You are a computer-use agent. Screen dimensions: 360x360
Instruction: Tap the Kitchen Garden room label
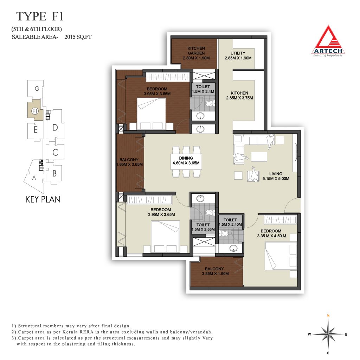tap(196, 53)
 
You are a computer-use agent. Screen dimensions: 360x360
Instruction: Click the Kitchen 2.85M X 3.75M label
tap(239, 96)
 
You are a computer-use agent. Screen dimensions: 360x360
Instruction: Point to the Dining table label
tap(186, 160)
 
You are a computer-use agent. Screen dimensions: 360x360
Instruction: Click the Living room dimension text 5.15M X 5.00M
tap(276, 179)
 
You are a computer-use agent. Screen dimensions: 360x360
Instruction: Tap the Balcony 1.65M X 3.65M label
tap(129, 162)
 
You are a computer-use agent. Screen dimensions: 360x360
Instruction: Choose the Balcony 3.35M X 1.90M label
tap(215, 271)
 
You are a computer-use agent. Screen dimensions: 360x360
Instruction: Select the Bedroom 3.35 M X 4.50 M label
tap(271, 233)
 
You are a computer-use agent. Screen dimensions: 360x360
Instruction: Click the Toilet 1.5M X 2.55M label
tap(203, 227)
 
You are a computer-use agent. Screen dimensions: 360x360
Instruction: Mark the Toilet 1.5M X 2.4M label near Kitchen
tap(203, 89)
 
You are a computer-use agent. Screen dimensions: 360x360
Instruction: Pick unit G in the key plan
tap(37, 88)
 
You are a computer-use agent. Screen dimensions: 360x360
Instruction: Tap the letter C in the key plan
tap(55, 152)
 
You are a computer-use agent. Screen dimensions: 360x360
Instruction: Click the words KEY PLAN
tap(43, 199)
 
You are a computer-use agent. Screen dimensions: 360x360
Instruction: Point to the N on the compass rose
tap(328, 316)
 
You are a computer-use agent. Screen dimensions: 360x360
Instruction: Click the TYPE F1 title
tap(40, 16)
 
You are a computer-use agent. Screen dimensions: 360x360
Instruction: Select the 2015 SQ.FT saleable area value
tap(78, 37)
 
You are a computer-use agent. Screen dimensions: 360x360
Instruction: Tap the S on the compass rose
tap(328, 353)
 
